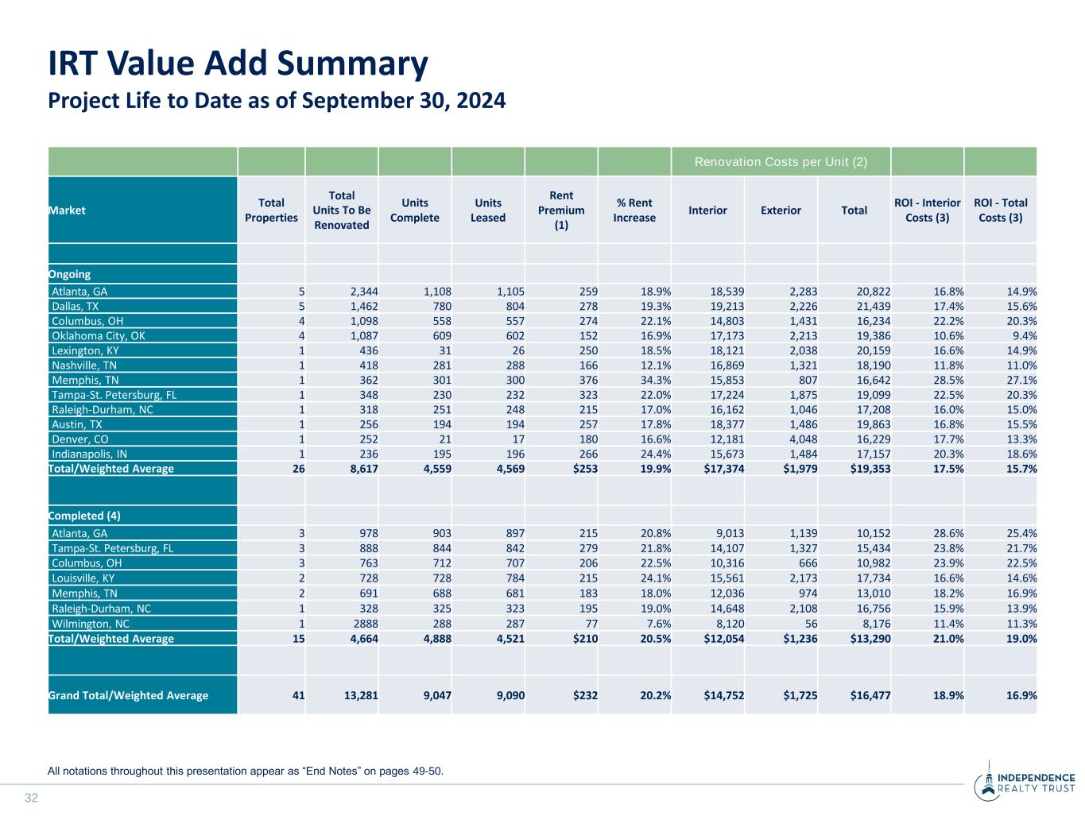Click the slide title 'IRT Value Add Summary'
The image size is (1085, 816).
(x=238, y=64)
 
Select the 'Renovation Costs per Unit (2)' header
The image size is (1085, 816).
(x=781, y=162)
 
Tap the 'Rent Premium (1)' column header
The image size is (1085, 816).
(x=561, y=210)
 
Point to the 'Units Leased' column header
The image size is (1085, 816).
(x=488, y=210)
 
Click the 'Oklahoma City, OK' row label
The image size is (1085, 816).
(x=99, y=336)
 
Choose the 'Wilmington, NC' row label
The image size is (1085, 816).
(x=91, y=624)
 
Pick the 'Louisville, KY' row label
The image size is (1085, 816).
(x=83, y=578)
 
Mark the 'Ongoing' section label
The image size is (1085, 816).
(x=70, y=274)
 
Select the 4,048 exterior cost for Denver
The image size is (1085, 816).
(x=802, y=439)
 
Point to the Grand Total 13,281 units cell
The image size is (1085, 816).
(x=361, y=695)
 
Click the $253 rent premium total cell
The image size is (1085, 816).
(x=585, y=469)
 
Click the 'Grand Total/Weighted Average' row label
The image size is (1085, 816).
(x=129, y=695)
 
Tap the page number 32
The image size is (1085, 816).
(x=32, y=798)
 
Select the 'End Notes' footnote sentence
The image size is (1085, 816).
(x=246, y=771)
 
